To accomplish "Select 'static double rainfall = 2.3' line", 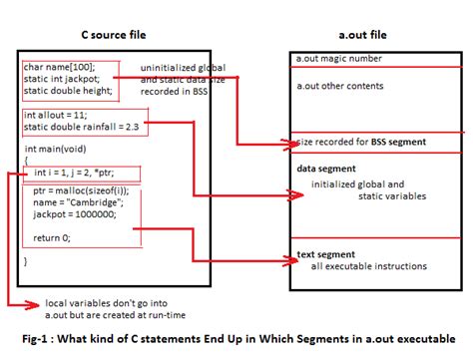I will click(80, 127).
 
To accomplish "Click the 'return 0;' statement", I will click(52, 237).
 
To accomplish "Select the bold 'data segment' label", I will click(327, 169).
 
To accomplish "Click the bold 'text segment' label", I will click(326, 254).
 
